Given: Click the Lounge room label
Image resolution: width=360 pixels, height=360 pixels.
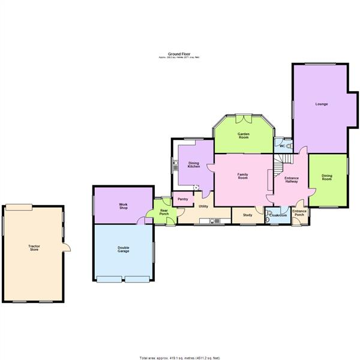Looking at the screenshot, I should pos(322,104).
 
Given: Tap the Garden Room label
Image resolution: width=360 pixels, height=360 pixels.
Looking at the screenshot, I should pos(243,136).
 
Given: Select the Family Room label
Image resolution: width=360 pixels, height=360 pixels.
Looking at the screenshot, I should pos(243,176).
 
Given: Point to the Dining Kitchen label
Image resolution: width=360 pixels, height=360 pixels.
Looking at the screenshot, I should pos(193,164).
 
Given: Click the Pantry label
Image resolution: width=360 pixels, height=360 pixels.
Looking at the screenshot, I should pos(182,199).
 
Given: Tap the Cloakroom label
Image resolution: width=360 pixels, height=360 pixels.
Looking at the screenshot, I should pos(278,215).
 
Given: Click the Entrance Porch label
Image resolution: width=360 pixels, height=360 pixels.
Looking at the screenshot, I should pos(299,213).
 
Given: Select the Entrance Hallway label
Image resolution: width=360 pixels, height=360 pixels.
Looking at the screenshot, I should pos(292,180).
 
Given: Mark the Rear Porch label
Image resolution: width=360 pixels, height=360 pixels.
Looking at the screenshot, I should pos(164,212).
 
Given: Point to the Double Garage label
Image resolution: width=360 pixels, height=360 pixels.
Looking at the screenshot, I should pos(124,250).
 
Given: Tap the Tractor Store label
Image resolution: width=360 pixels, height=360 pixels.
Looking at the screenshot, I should pos(34,247).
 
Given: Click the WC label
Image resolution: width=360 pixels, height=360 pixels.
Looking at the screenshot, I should pos(281,146).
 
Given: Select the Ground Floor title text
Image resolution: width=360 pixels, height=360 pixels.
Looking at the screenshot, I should pos(181,54).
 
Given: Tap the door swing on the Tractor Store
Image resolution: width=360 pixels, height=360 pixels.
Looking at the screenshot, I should pos(67,247).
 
